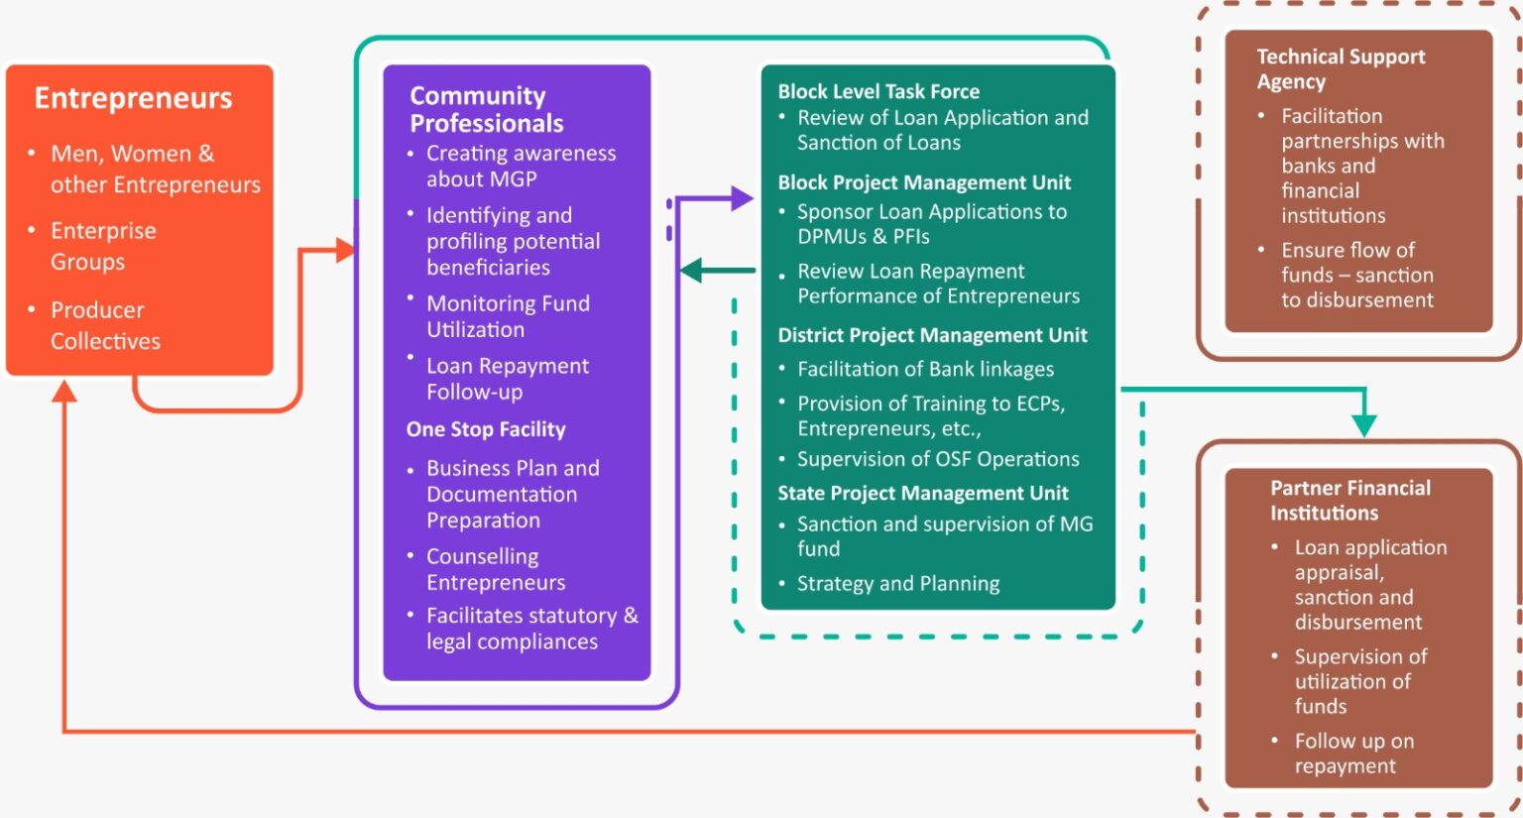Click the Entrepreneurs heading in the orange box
[133, 98]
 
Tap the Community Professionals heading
[486, 109]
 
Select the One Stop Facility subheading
[485, 429]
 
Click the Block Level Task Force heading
[878, 91]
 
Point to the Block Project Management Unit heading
[924, 182]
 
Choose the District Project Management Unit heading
[932, 335]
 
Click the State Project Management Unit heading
[922, 493]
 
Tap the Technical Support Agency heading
[1340, 68]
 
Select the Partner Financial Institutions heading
[1349, 500]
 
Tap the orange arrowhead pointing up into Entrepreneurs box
[64, 393]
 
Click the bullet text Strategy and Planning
[897, 584]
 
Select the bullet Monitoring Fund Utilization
[507, 316]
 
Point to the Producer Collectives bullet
[104, 325]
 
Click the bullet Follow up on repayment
[1353, 754]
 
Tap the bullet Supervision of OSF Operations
[937, 459]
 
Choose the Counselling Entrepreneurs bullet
[495, 569]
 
